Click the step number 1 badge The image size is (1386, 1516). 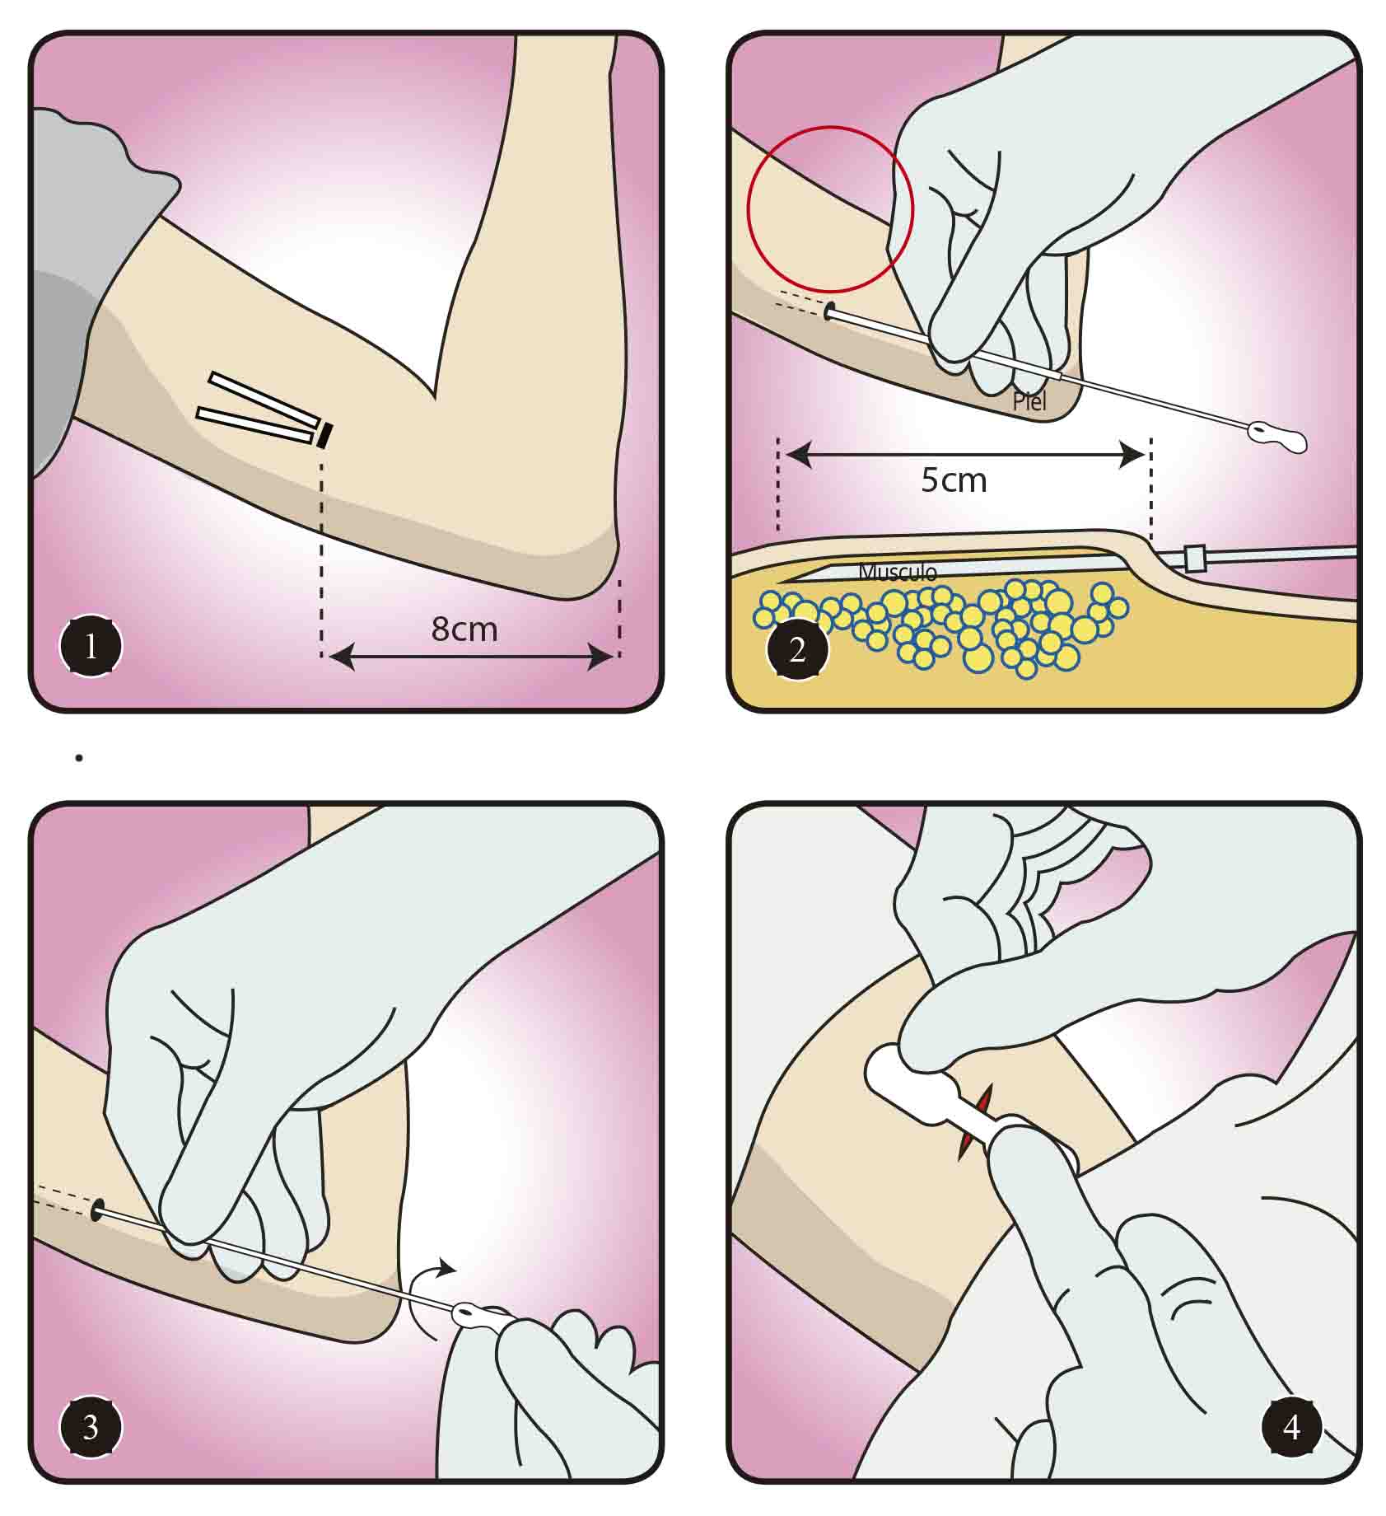click(91, 648)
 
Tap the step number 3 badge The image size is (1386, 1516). click(91, 1427)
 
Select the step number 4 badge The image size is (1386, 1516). click(1291, 1427)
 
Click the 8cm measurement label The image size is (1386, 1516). click(464, 629)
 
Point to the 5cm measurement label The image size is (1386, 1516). click(954, 480)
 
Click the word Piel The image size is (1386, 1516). click(1029, 402)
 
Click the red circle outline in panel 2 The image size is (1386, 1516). click(830, 128)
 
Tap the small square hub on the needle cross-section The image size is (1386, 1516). click(1193, 558)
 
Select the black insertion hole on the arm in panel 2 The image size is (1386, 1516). click(829, 311)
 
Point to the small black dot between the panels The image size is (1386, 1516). click(79, 757)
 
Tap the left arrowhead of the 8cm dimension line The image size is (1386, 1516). click(339, 657)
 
